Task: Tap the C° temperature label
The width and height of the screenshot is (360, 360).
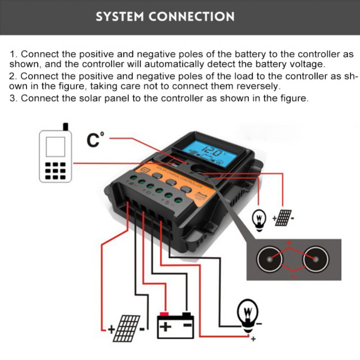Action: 95,139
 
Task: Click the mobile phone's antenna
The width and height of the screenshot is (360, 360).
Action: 66,127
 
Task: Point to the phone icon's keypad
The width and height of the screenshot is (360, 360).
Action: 55,170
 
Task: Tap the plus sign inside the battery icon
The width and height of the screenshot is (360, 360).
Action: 165,327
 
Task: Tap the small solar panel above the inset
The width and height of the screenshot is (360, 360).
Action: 283,217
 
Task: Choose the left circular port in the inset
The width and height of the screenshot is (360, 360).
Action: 269,259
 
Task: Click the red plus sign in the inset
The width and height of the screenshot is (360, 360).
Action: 288,243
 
